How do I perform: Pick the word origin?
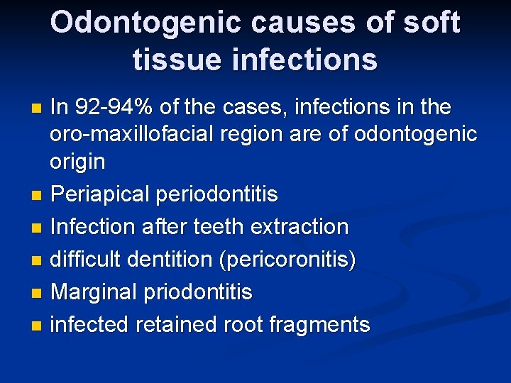point(77,162)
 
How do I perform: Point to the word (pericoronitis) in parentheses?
point(287,260)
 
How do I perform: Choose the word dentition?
point(171,260)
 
